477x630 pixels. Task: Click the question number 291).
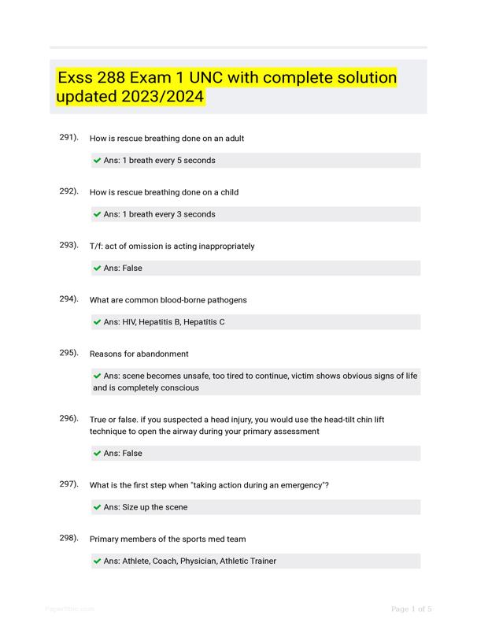tap(68, 137)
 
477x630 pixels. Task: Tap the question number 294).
tap(68, 299)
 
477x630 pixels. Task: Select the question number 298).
tap(68, 539)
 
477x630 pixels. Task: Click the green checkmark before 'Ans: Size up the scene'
tap(97, 507)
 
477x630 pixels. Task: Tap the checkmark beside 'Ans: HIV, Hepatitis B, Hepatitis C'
tap(97, 322)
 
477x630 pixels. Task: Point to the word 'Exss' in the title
tap(77, 78)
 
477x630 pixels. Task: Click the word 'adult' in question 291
tap(234, 139)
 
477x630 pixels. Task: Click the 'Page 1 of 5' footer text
tap(411, 609)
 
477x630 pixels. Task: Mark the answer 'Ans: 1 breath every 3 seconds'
tap(159, 214)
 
